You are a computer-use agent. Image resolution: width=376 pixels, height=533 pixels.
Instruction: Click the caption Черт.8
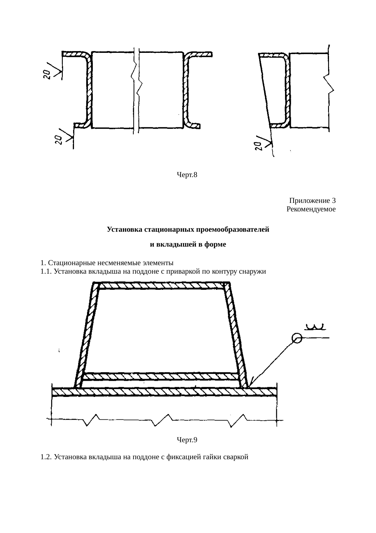(187, 175)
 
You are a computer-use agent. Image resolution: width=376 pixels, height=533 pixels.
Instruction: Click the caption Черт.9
(187, 439)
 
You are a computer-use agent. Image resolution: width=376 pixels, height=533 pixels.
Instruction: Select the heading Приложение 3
(312, 201)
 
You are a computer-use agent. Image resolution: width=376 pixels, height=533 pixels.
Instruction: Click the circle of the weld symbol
(297, 338)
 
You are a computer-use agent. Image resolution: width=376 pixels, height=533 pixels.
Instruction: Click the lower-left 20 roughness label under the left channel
(58, 139)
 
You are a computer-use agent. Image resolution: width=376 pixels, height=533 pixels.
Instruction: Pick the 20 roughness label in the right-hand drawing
(258, 146)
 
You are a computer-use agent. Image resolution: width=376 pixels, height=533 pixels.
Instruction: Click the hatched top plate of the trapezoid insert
(164, 286)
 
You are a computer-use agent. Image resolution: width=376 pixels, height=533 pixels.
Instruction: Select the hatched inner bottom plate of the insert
(161, 377)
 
